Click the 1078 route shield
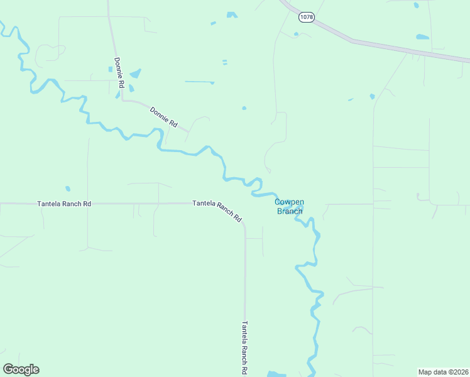pos(307,17)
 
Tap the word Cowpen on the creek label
pos(290,202)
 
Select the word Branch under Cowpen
pos(290,211)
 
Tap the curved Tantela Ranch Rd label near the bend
pos(217,210)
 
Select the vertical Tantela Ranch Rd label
pos(244,348)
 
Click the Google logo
pos(21,369)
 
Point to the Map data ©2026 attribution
pos(443,372)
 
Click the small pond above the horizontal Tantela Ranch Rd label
pos(67,188)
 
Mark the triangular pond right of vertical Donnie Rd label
pos(135,74)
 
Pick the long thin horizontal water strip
pos(199,82)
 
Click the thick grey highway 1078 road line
pos(377,45)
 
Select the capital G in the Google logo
pos(8,369)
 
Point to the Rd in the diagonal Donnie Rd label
pos(173,123)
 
